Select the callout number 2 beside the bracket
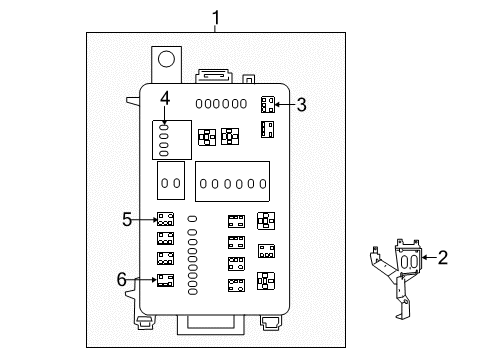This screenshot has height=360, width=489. point(443,258)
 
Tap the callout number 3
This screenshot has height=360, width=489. point(300,103)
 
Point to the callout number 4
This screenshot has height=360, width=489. point(165,97)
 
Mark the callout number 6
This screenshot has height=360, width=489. point(123,280)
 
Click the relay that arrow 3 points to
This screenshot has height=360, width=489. point(267,104)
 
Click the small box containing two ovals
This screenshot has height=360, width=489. point(170,183)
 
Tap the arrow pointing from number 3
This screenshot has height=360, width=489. point(284,104)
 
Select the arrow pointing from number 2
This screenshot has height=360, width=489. point(427,258)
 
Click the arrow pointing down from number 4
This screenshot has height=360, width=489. point(165,114)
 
